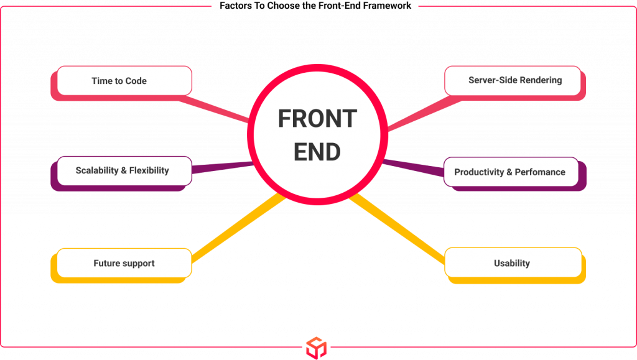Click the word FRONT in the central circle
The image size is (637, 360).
pyautogui.click(x=317, y=119)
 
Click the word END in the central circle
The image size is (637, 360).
pyautogui.click(x=317, y=152)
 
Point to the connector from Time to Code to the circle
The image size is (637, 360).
pyautogui.click(x=214, y=108)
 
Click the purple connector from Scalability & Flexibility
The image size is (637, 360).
pyautogui.click(x=223, y=167)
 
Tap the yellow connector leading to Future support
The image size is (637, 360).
pyautogui.click(x=239, y=228)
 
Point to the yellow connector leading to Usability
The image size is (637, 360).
pyautogui.click(x=397, y=229)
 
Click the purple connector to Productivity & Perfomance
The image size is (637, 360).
pyautogui.click(x=413, y=168)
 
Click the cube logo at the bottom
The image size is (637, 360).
pyautogui.click(x=317, y=348)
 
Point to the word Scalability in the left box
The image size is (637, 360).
pyautogui.click(x=97, y=170)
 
